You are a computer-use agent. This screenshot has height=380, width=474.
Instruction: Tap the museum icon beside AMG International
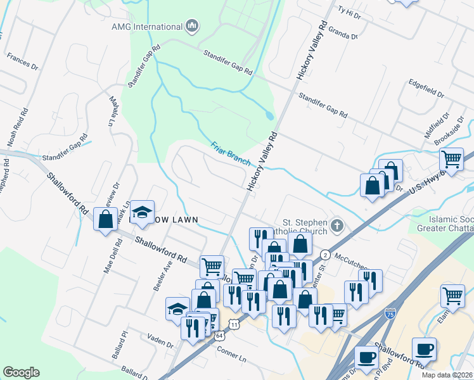click(x=192, y=26)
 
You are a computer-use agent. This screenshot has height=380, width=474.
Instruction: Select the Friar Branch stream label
click(x=231, y=153)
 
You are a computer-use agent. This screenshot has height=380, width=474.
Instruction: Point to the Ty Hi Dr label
click(x=349, y=11)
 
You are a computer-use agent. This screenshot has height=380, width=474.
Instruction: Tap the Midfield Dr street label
click(x=436, y=125)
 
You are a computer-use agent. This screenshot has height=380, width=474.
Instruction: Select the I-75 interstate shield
click(x=390, y=313)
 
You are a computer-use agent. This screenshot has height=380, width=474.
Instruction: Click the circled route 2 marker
click(x=325, y=254)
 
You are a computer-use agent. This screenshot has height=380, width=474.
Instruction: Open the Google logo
click(x=21, y=372)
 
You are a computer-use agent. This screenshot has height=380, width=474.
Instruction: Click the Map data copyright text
click(x=450, y=374)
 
